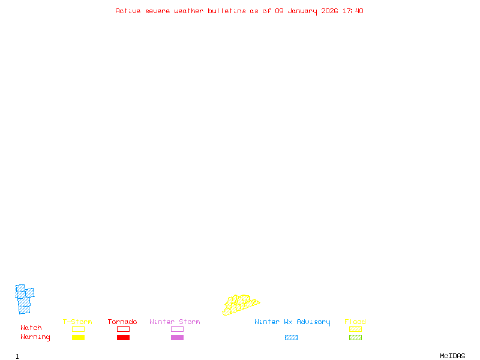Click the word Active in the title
coord(128,11)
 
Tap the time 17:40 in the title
coord(353,11)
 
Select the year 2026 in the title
coord(329,11)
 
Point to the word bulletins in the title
coord(227,11)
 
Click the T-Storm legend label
coord(77,322)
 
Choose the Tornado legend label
coord(122,322)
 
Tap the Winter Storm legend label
coord(175,322)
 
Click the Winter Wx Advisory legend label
coord(292,322)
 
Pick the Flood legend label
coord(355,322)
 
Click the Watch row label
coord(31,328)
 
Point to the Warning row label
coord(35,337)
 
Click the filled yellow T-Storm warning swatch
coord(78,338)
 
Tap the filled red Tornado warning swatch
coord(123,338)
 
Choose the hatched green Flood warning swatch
coord(355,338)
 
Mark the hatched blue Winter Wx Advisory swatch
coord(291,338)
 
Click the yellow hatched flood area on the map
coord(240,304)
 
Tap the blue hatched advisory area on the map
coord(24,299)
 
